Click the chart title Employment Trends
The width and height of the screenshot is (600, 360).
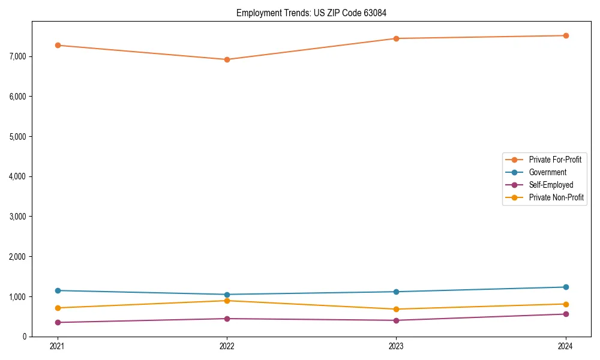315,13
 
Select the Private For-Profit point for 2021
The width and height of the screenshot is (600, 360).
58,45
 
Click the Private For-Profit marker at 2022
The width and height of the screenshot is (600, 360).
227,59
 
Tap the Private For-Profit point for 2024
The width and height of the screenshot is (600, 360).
566,35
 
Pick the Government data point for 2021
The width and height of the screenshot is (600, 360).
58,290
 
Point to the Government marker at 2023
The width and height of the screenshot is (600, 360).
397,292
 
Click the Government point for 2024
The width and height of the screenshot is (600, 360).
566,287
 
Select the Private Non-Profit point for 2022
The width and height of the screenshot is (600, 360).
227,301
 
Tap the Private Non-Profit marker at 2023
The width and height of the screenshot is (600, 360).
397,309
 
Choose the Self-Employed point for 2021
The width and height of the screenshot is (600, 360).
58,322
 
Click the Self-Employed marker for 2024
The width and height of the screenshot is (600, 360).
566,314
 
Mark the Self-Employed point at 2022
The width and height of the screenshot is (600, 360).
227,319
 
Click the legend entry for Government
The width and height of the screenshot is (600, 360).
547,172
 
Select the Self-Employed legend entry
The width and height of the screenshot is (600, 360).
551,185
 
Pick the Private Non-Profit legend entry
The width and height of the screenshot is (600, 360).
556,197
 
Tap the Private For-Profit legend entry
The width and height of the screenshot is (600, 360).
554,160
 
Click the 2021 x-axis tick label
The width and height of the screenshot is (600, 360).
58,346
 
